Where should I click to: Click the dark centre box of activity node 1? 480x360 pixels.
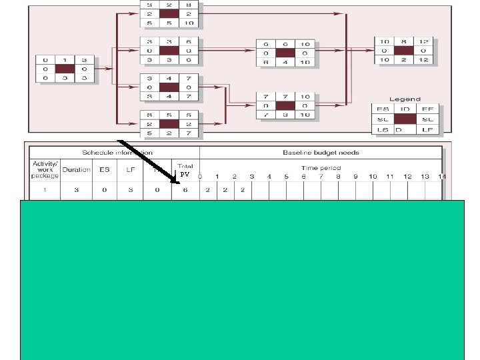click(x=65, y=68)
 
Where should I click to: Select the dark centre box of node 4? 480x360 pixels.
click(x=169, y=87)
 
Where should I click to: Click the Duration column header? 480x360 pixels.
click(x=76, y=169)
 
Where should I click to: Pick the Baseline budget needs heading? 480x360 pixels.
click(x=321, y=153)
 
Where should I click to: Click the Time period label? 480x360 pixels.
click(x=321, y=168)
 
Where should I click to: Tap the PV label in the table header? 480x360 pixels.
click(x=186, y=175)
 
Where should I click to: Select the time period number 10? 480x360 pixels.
click(x=373, y=177)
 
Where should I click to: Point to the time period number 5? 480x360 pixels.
click(x=287, y=177)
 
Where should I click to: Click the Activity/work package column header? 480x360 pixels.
click(x=41, y=169)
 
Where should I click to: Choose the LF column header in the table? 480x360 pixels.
click(x=132, y=169)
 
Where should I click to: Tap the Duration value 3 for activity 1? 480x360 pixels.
click(x=76, y=190)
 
